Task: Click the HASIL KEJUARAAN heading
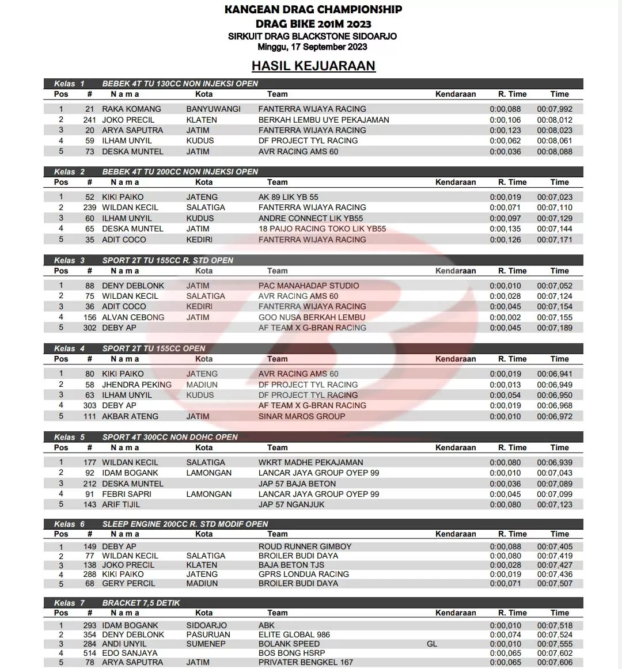coord(313,66)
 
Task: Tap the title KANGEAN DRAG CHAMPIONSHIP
coord(313,9)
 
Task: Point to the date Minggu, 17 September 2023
coord(312,47)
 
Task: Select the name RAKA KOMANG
coord(131,109)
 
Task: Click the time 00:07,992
coord(555,109)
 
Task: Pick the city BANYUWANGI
coord(213,109)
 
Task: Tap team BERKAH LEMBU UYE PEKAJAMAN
coord(324,120)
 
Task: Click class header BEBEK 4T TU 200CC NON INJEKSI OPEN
coord(180,172)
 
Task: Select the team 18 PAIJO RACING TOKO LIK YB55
coord(322,229)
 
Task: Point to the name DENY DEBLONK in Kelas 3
coord(133,286)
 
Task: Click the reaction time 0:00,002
coord(505,317)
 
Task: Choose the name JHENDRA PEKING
coord(136,385)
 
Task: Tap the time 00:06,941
coord(555,374)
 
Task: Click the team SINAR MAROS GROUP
coord(302,416)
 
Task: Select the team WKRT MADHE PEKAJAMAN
coord(310,462)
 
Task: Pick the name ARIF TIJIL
coord(121,504)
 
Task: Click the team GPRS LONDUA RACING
coord(304,574)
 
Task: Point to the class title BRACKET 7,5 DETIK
coord(141,603)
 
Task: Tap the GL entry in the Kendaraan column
coord(432,644)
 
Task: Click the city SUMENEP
coord(206,644)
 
